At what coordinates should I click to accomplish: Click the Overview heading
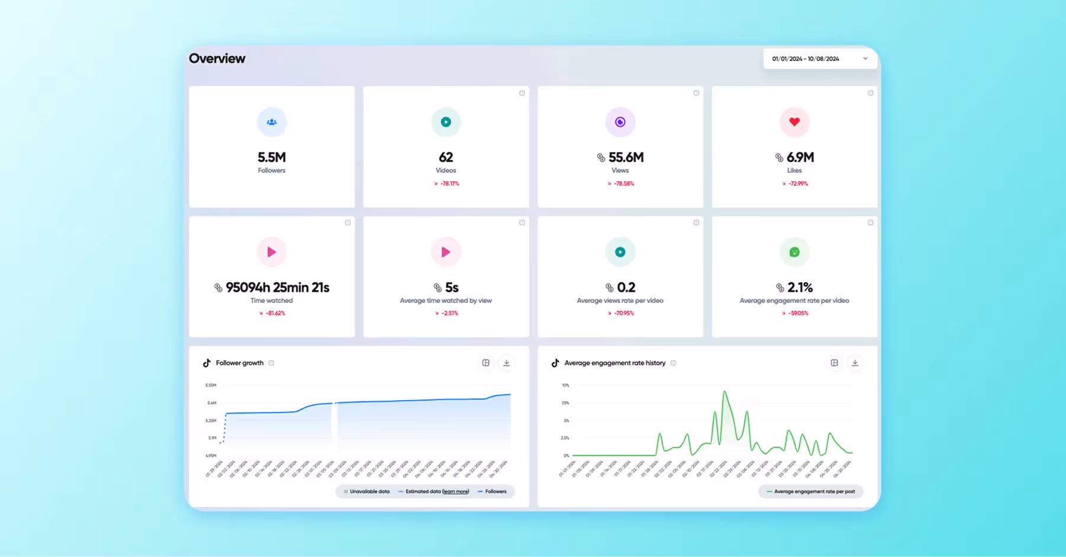(217, 58)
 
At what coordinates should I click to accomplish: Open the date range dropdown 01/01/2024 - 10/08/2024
(820, 59)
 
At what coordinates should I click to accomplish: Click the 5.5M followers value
(271, 157)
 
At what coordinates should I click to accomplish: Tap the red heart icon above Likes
(794, 122)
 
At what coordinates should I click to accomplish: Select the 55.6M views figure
(625, 157)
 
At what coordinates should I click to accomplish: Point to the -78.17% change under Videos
(449, 183)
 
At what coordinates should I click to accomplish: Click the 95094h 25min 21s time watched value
(277, 288)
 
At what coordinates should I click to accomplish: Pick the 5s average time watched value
(451, 288)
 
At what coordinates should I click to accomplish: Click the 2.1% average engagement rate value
(799, 288)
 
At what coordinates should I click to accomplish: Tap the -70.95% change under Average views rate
(623, 313)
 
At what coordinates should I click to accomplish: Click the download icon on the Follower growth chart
(506, 363)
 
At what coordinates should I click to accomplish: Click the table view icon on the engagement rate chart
(834, 363)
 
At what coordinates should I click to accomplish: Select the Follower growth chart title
(239, 363)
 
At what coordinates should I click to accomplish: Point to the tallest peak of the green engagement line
(724, 392)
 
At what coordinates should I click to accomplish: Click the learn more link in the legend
(455, 491)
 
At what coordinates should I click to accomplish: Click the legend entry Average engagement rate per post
(814, 491)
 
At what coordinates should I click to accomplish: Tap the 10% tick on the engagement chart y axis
(566, 385)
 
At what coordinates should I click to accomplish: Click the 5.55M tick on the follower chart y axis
(211, 385)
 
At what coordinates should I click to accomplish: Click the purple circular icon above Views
(620, 122)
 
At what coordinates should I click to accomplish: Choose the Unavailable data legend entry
(369, 491)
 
